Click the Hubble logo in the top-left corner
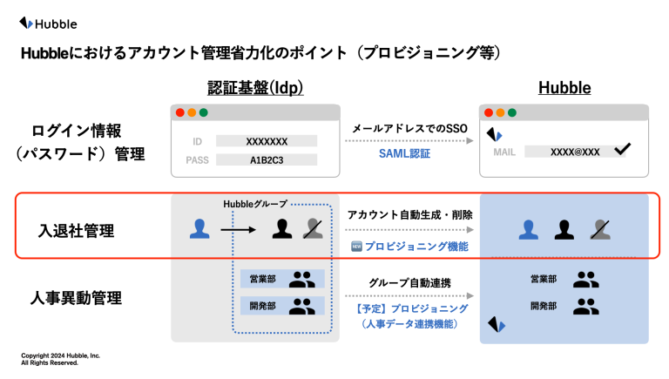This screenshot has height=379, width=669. tap(48, 24)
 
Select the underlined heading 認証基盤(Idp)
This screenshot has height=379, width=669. tap(255, 87)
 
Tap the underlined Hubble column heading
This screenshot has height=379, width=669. tap(564, 87)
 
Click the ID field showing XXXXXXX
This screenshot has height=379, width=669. tap(267, 141)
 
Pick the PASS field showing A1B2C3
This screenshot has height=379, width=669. tap(267, 160)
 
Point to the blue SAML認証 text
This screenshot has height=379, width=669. tap(404, 153)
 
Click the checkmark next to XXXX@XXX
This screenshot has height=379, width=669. tap(623, 148)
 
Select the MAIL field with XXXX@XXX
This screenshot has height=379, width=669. tap(575, 152)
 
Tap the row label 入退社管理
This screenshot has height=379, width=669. tap(77, 231)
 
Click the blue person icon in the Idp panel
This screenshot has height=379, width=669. tap(199, 229)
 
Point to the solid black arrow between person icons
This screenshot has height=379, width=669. tap(238, 230)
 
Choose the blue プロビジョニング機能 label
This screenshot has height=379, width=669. tap(416, 247)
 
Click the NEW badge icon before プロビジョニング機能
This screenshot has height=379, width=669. tap(356, 247)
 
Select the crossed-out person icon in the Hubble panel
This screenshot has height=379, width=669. tap(600, 230)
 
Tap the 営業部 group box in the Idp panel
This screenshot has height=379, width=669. tap(282, 279)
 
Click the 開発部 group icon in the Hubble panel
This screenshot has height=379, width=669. tap(585, 307)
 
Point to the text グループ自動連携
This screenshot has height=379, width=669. tap(410, 283)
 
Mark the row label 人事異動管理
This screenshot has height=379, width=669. tap(77, 298)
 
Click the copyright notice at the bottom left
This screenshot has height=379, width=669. tap(61, 359)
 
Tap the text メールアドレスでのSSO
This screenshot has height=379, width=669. tap(410, 128)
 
